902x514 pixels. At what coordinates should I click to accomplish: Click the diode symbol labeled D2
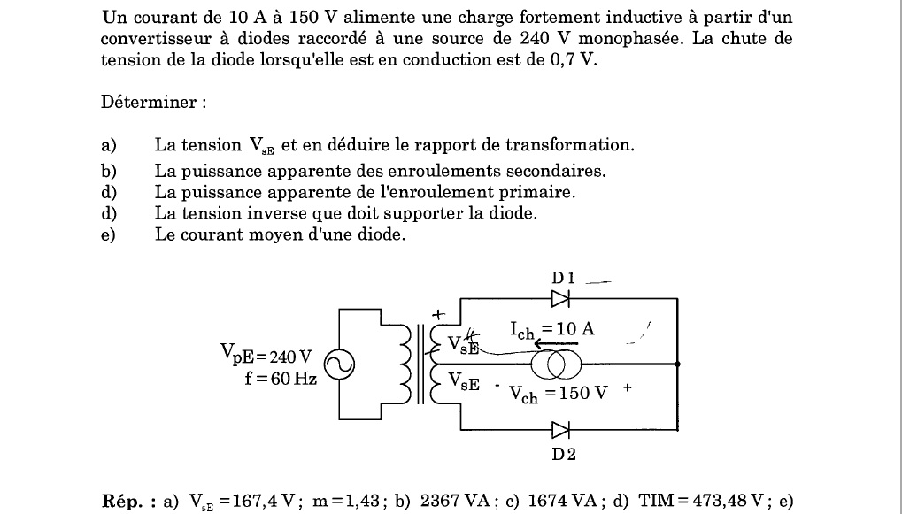[560, 431]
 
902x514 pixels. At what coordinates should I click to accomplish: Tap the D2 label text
[564, 454]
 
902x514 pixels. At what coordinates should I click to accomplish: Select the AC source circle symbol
[340, 362]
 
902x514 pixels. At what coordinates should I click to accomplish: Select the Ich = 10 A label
[552, 330]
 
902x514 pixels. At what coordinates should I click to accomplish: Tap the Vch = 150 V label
[558, 394]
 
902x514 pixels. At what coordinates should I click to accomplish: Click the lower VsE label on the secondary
[465, 383]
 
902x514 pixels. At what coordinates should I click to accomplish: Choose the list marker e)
[109, 234]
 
